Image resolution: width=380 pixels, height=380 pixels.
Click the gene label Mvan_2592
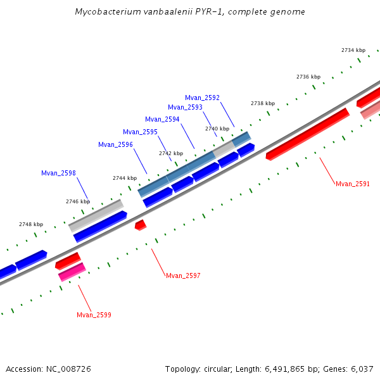(202, 98)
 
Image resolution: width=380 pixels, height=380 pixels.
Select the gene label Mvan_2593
(185, 107)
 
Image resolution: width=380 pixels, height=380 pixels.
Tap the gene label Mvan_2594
(162, 119)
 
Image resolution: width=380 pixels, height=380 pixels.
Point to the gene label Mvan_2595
(140, 132)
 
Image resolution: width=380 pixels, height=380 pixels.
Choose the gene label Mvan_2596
(115, 144)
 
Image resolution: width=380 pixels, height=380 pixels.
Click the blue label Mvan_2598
(58, 173)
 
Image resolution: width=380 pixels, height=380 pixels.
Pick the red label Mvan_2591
(352, 184)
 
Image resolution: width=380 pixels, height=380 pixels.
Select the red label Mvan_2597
(183, 275)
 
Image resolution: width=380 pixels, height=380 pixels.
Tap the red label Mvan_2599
(94, 315)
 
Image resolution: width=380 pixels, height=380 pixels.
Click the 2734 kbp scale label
(353, 50)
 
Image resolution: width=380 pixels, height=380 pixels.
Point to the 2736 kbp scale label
(308, 77)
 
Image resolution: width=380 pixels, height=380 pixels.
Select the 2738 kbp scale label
(263, 103)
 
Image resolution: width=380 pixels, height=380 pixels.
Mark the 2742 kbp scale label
(171, 153)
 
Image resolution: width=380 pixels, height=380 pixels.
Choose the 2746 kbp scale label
(78, 201)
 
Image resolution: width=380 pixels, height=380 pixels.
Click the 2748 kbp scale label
(31, 224)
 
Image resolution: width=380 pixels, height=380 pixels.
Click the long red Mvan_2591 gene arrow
(308, 134)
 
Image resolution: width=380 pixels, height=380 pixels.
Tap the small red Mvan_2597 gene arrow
(141, 224)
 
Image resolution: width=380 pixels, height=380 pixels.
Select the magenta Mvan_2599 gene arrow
(72, 272)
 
